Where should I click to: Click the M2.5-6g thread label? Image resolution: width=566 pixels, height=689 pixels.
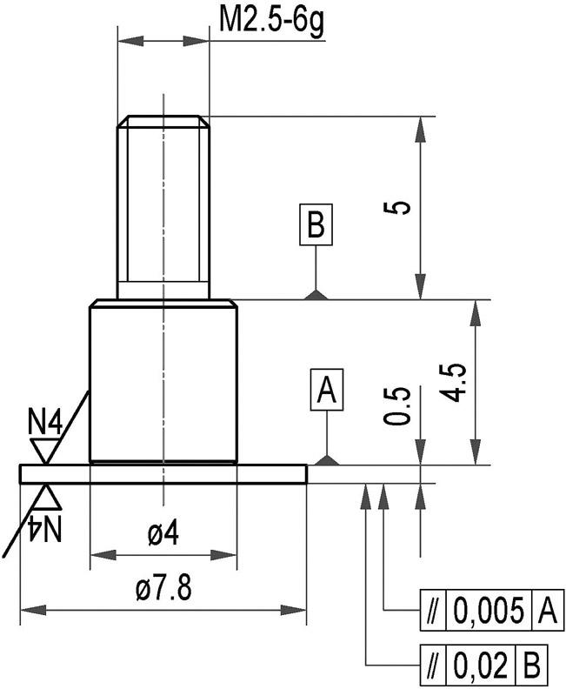pyautogui.click(x=270, y=20)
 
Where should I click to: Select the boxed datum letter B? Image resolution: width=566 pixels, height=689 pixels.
pyautogui.click(x=315, y=225)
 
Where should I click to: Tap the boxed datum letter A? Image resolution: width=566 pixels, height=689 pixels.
pyautogui.click(x=327, y=391)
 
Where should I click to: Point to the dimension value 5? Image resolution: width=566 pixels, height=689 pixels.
pyautogui.click(x=399, y=208)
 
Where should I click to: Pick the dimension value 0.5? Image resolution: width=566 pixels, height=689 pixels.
pyautogui.click(x=397, y=406)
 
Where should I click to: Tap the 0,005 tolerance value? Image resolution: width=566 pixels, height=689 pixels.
pyautogui.click(x=489, y=612)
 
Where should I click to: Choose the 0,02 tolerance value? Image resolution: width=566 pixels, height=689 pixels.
pyautogui.click(x=480, y=666)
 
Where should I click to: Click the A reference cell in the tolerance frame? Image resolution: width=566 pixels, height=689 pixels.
pyautogui.click(x=546, y=612)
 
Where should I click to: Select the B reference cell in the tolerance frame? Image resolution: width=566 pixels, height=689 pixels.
pyautogui.click(x=532, y=666)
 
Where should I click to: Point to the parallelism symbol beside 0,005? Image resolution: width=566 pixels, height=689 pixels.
pyautogui.click(x=430, y=612)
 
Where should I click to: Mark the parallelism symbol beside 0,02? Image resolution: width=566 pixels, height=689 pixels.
pyautogui.click(x=430, y=666)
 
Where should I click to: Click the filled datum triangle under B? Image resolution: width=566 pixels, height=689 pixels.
pyautogui.click(x=316, y=295)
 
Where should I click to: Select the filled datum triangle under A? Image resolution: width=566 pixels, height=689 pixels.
pyautogui.click(x=327, y=459)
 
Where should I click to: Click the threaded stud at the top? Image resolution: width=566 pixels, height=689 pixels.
pyautogui.click(x=163, y=207)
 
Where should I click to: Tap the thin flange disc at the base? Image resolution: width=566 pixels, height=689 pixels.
pyautogui.click(x=163, y=473)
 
